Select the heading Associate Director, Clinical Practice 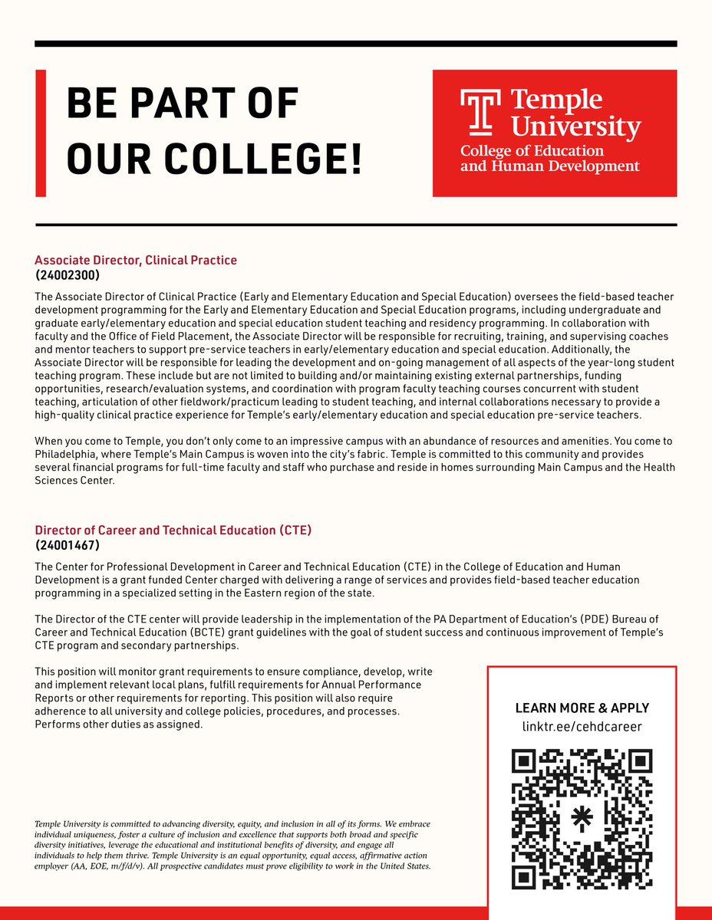tap(136, 261)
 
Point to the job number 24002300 tap(68, 274)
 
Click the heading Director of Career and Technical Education tap(173, 531)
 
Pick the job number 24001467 tap(68, 545)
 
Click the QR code tap(582, 818)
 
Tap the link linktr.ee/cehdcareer tap(582, 726)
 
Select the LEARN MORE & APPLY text tap(582, 708)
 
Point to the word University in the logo tap(575, 127)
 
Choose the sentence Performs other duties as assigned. tap(119, 725)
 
